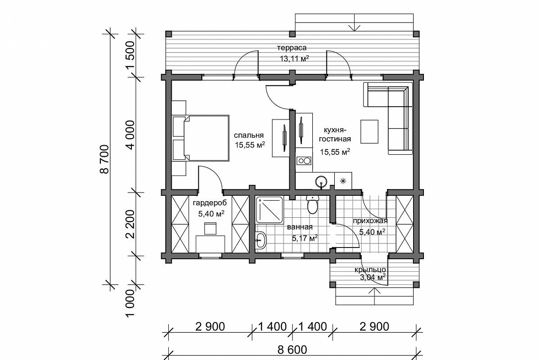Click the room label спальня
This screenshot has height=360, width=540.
[x=249, y=135]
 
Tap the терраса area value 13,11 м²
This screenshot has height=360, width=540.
[x=294, y=58]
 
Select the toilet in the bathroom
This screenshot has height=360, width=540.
[x=313, y=205]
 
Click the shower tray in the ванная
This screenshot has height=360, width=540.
[x=269, y=210]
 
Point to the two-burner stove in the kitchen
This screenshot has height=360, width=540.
[x=304, y=161]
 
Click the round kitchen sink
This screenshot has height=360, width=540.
[x=321, y=181]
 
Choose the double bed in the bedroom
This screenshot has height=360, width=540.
[x=201, y=138]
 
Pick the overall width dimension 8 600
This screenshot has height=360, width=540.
[x=292, y=350]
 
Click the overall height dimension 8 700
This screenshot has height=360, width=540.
[x=104, y=159]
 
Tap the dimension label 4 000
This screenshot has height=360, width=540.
[x=130, y=135]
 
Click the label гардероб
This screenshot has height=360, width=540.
[x=210, y=203]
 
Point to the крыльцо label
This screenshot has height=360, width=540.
[x=370, y=270]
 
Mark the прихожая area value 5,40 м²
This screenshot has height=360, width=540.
[x=372, y=232]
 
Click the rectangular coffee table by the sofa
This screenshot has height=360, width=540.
[x=369, y=132]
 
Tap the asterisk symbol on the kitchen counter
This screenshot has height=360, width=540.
[x=343, y=181]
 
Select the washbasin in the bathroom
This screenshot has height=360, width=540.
[x=261, y=240]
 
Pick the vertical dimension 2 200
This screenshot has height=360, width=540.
[x=130, y=224]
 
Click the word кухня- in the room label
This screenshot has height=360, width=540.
[x=335, y=130]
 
